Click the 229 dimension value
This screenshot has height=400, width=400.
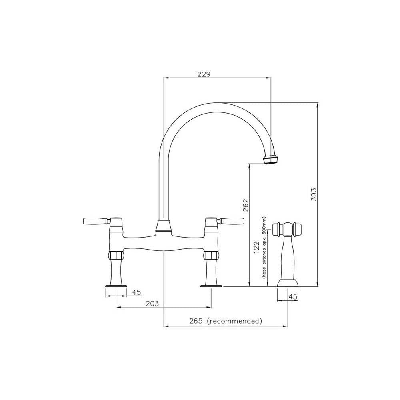204,74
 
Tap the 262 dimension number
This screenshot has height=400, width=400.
246,205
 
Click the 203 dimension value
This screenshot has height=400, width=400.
152,304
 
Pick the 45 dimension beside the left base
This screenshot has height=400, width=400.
136,292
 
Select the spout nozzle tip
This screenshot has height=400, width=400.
270,160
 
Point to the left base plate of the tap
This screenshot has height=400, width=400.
116,286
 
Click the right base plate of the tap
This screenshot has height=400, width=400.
211,286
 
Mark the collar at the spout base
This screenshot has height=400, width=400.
164,226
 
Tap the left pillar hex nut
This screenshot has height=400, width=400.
116,256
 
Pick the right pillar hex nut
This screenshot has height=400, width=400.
211,256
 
